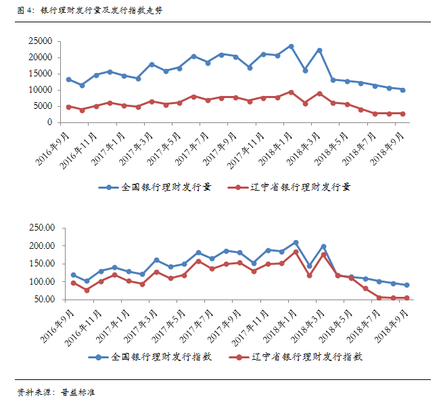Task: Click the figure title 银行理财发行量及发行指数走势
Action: (101, 10)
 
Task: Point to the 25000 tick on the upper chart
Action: (41, 41)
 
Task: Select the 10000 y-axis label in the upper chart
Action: (41, 90)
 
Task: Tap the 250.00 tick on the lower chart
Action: (41, 228)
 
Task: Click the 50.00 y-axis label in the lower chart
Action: (43, 299)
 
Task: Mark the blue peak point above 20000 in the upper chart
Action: (291, 46)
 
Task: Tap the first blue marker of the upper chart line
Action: (68, 79)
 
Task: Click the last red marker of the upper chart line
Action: (402, 114)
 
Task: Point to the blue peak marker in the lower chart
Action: (296, 242)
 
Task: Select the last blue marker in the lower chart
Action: (407, 285)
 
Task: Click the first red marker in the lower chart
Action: (73, 283)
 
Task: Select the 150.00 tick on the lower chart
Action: (41, 264)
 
